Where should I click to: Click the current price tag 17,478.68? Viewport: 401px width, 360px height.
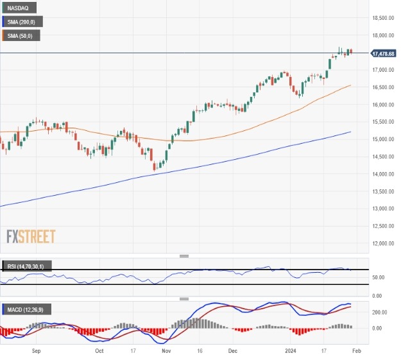tap(384, 53)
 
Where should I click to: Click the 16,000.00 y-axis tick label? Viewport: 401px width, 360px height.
tap(384, 105)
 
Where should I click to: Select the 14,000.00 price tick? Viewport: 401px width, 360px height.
tap(384, 174)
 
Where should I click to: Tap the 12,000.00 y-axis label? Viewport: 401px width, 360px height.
tap(384, 243)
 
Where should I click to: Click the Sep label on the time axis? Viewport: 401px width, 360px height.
tap(36, 352)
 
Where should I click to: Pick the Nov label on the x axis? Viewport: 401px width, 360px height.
tap(166, 352)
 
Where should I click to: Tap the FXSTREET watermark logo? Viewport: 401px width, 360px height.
tap(31, 236)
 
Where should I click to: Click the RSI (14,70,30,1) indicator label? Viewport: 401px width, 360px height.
tap(26, 266)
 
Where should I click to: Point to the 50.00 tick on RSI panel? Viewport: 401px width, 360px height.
tap(379, 277)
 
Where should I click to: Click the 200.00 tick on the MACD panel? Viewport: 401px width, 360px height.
tap(380, 312)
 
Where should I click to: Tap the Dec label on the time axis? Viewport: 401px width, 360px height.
tap(233, 352)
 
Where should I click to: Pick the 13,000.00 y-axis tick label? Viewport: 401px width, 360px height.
tap(384, 209)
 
